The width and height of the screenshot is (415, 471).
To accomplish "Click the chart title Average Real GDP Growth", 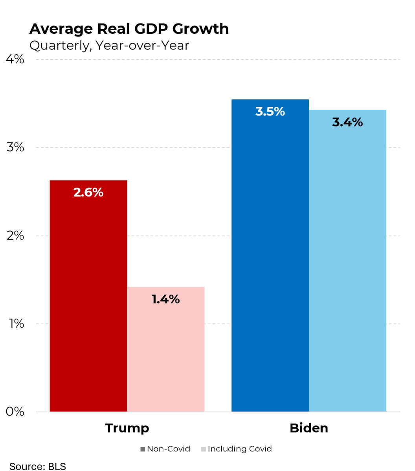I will point(129,29).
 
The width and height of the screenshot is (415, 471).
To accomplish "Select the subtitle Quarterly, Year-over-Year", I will point(109,46).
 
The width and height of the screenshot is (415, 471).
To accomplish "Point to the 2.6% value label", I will point(88,192).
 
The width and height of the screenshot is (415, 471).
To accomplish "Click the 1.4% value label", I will point(165,299).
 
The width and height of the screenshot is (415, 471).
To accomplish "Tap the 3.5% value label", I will point(270,112).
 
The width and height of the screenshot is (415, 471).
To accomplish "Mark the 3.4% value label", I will point(347,122).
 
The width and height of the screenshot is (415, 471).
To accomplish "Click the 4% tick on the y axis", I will point(15,59).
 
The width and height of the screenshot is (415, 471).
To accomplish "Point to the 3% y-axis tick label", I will point(15,148).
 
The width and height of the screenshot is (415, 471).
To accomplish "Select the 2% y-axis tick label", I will point(15,236).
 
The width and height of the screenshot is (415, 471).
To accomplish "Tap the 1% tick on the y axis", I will point(15,324).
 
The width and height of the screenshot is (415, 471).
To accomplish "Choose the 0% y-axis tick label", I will point(15,412).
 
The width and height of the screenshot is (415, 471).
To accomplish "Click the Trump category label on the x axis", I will point(127,428).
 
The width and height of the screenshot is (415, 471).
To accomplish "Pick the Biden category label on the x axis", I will point(309,428).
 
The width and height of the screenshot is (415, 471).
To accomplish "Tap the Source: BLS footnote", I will point(38,466).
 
